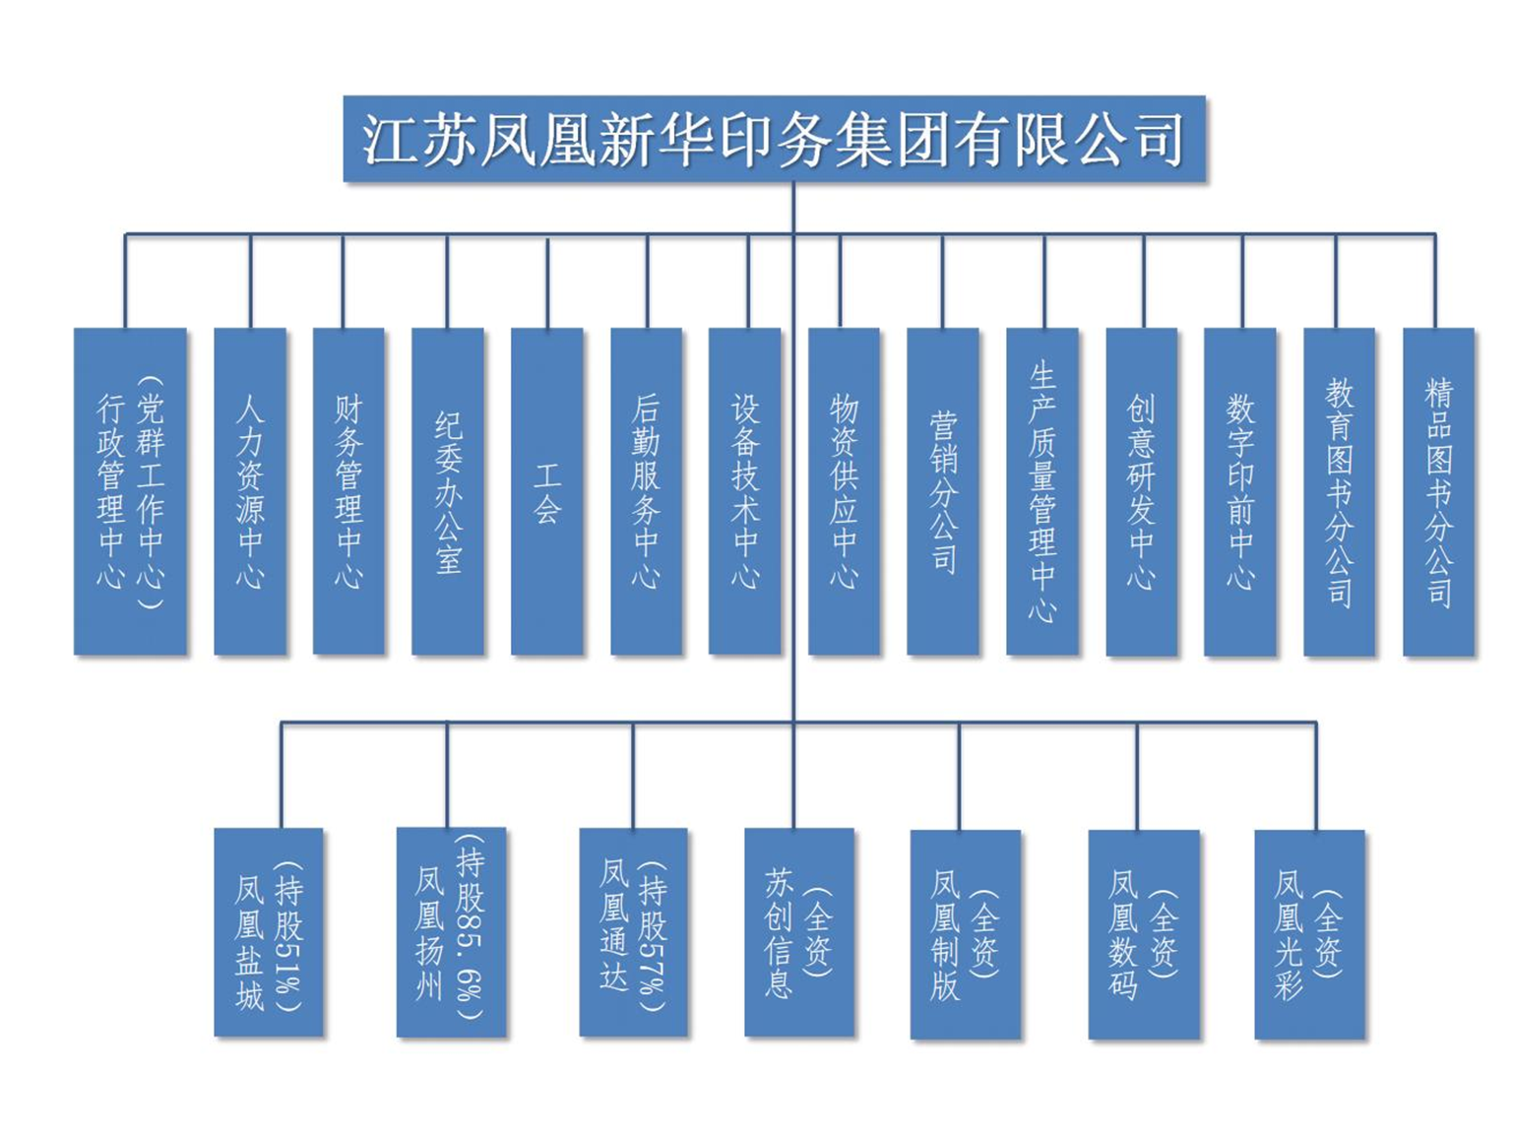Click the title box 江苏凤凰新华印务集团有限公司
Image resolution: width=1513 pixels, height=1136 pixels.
pos(774,139)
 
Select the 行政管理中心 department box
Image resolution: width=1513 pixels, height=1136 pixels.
pos(130,491)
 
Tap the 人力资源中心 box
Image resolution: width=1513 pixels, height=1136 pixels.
pos(250,491)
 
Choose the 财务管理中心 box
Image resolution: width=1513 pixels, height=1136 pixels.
pos(348,491)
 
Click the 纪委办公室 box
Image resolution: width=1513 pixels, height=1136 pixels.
pos(448,491)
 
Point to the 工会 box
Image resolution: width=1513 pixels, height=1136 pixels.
pos(547,491)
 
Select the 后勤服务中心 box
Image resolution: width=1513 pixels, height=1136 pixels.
pos(647,491)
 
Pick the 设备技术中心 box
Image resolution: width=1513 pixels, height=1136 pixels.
pos(745,491)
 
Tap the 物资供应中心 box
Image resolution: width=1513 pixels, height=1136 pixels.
pos(844,491)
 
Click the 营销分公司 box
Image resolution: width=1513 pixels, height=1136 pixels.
pos(943,491)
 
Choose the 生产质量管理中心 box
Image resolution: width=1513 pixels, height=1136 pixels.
pos(1042,491)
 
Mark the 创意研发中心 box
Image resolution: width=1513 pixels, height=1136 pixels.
pos(1142,491)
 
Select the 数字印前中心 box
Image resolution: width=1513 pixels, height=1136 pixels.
pos(1240,491)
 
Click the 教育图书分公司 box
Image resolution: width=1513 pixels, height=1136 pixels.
pos(1339,491)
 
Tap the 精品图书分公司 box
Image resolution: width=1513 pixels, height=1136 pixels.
pos(1438,491)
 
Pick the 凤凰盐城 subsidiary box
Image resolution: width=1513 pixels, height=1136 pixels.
pos(269,932)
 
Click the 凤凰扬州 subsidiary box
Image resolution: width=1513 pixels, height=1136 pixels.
pos(451,931)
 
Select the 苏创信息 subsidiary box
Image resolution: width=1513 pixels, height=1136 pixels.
pos(799,932)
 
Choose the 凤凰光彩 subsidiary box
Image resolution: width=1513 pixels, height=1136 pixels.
pos(1309,934)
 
